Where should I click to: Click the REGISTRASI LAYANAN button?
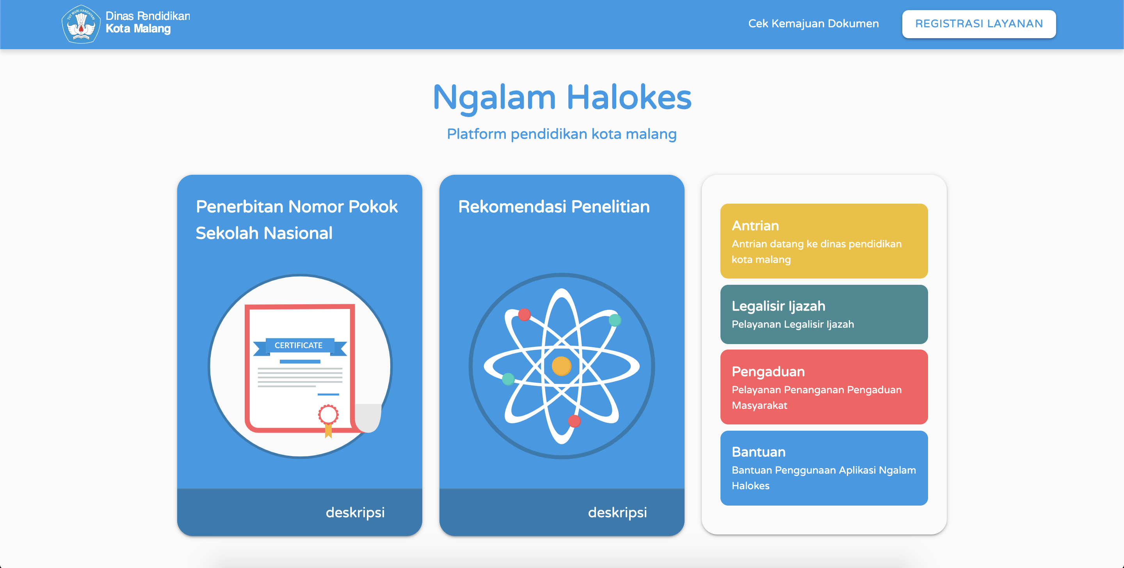coord(979,24)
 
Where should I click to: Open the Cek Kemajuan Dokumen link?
coord(813,23)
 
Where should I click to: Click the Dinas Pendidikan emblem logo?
coord(81,24)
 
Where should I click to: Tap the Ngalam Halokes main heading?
coord(562,97)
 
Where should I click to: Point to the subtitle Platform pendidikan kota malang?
coord(562,134)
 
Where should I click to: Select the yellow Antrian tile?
coord(824,241)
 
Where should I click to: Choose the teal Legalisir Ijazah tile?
coord(824,314)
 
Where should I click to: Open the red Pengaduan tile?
coord(824,387)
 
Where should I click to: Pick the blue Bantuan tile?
coord(824,468)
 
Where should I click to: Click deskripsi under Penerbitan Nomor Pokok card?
coord(355,512)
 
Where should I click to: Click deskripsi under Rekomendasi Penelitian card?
coord(617,512)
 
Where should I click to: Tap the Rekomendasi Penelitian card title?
coord(554,206)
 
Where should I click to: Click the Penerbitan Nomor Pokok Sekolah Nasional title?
coord(297,219)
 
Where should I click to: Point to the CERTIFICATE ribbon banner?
coord(300,346)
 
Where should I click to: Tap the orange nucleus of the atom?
coord(562,366)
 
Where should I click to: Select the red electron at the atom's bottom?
coord(574,421)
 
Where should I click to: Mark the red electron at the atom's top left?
coord(525,314)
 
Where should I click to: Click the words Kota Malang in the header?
coord(138,29)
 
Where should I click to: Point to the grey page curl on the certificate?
coord(368,418)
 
